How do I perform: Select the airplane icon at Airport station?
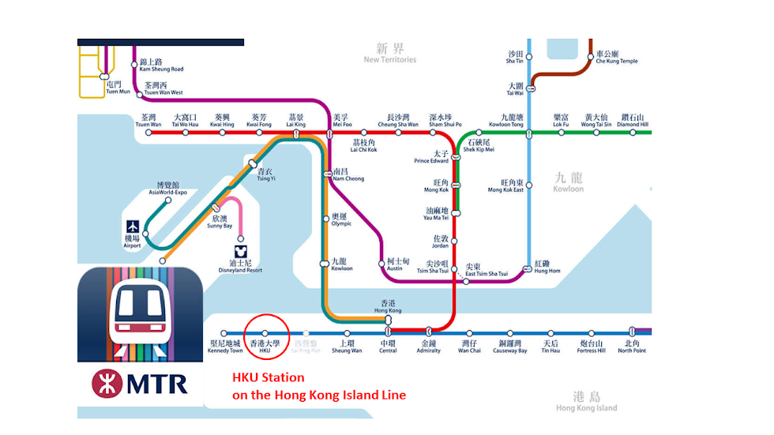tap(132, 226)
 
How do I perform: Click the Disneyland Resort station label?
tap(240, 266)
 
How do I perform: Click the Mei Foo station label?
tap(342, 120)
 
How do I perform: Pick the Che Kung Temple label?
tap(617, 57)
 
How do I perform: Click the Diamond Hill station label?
tap(633, 120)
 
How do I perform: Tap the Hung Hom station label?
tap(547, 266)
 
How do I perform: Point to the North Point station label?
tap(632, 347)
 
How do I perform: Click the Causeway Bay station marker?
tap(511, 333)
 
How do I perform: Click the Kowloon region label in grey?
tap(569, 183)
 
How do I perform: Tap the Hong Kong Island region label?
tap(586, 402)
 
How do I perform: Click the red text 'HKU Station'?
tap(268, 378)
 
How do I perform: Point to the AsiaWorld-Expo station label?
tap(167, 188)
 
